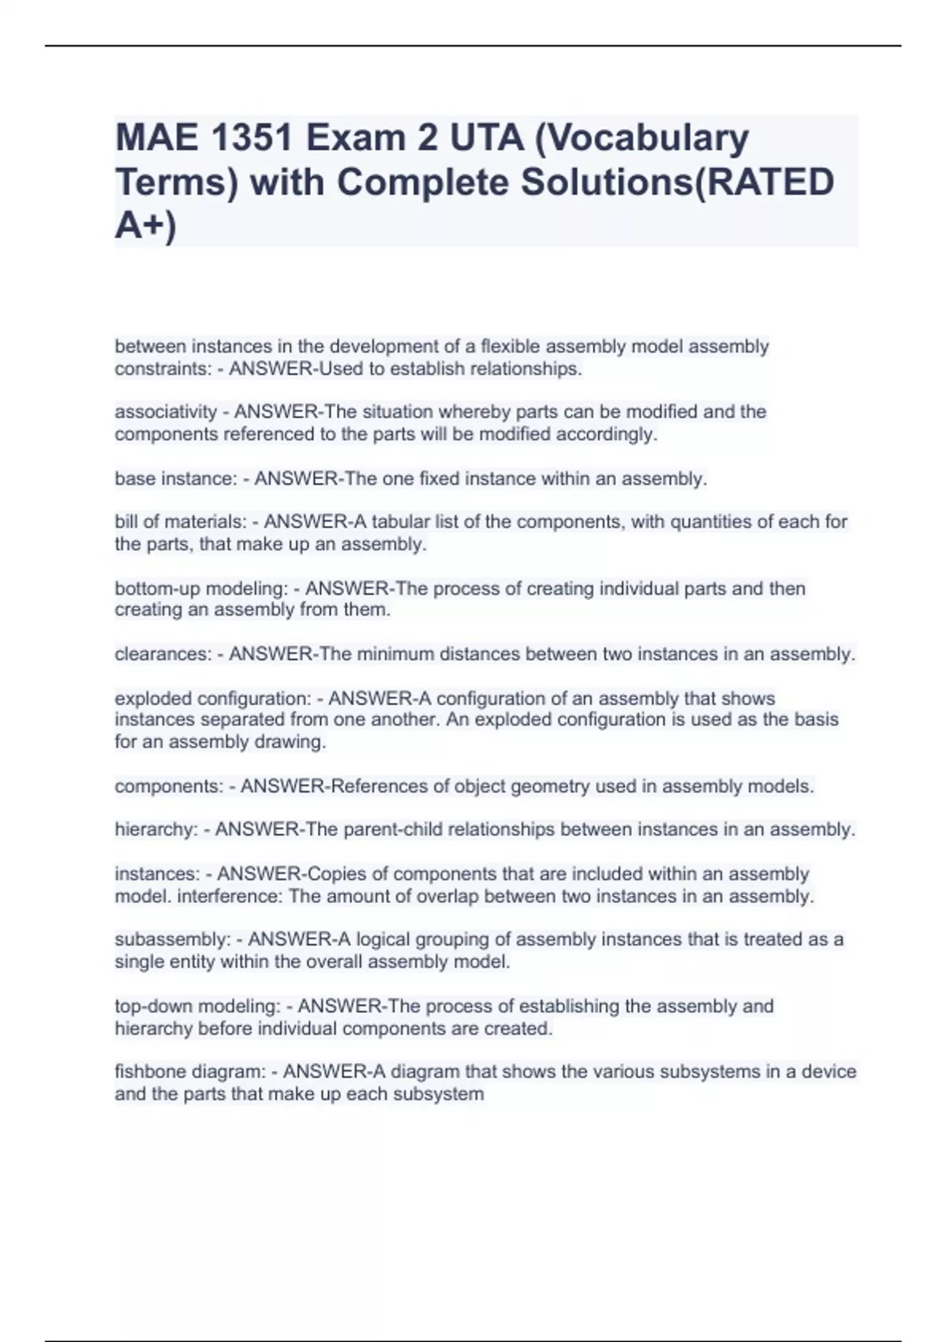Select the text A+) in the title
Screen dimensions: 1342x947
coord(146,226)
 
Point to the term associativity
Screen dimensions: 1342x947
coord(166,412)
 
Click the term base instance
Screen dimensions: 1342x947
coord(174,479)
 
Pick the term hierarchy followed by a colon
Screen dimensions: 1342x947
coord(155,830)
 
